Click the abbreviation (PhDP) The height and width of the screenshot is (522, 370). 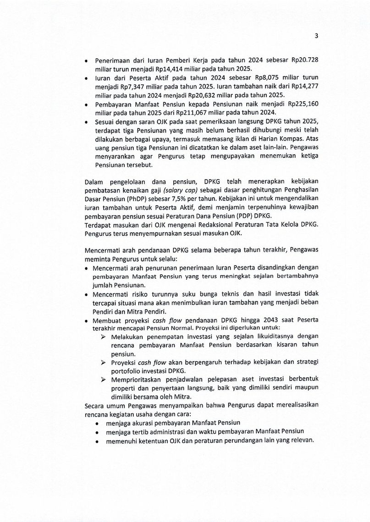click(x=145, y=199)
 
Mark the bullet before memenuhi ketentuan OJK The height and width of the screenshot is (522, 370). click(x=98, y=440)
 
